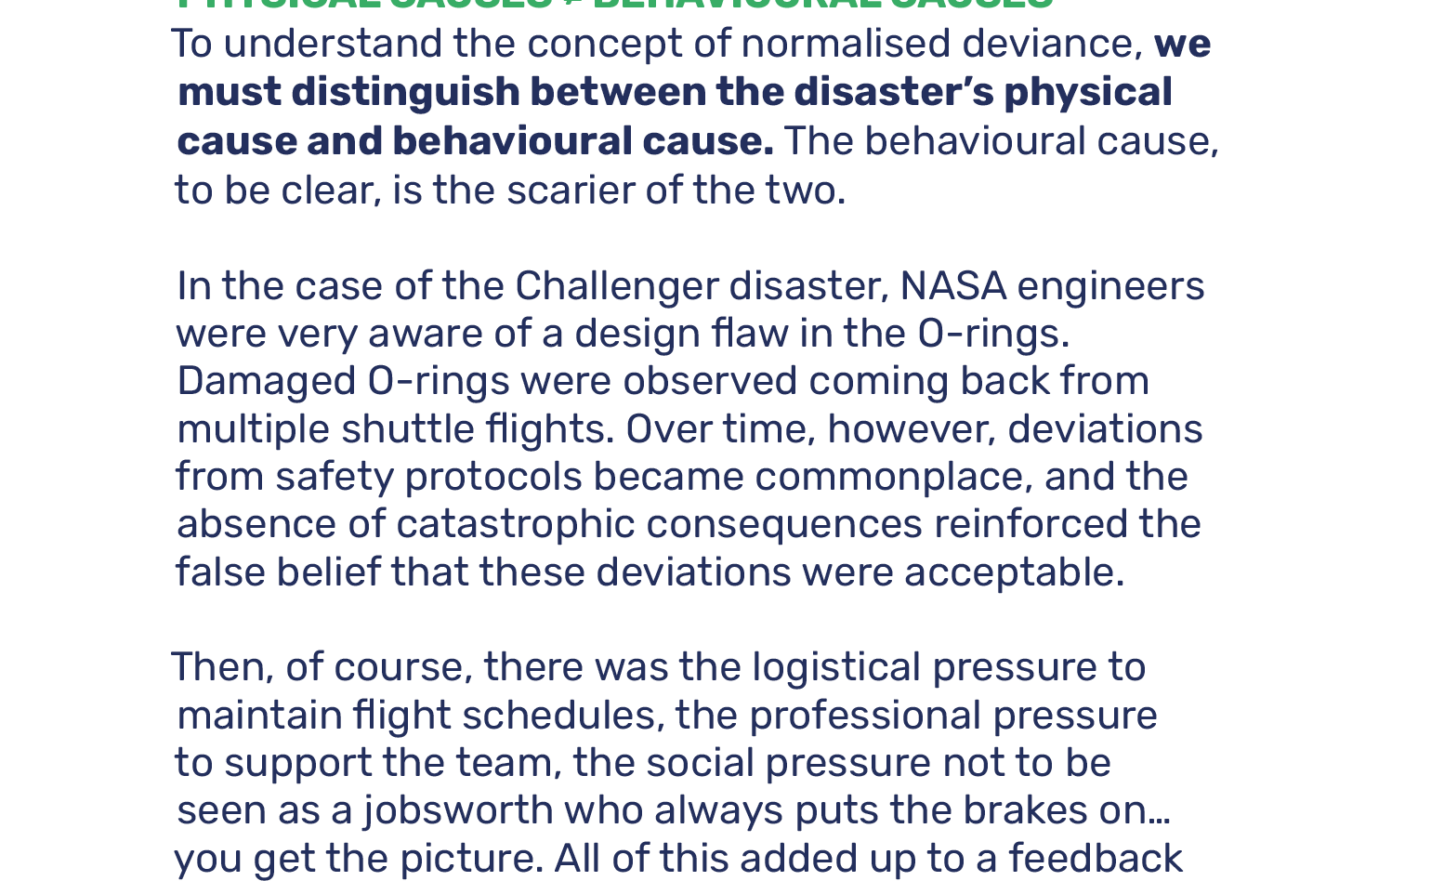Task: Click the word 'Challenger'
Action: (617, 286)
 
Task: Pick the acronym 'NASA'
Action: (952, 286)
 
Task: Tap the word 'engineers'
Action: (1110, 286)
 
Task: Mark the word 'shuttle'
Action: (408, 429)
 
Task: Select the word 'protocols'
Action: (493, 477)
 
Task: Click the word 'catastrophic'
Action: (515, 524)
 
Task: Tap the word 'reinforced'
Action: (1031, 524)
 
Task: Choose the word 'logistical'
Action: (836, 667)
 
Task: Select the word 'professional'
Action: (865, 716)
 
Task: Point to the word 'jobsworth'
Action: (458, 810)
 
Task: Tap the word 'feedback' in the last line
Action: (1096, 859)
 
